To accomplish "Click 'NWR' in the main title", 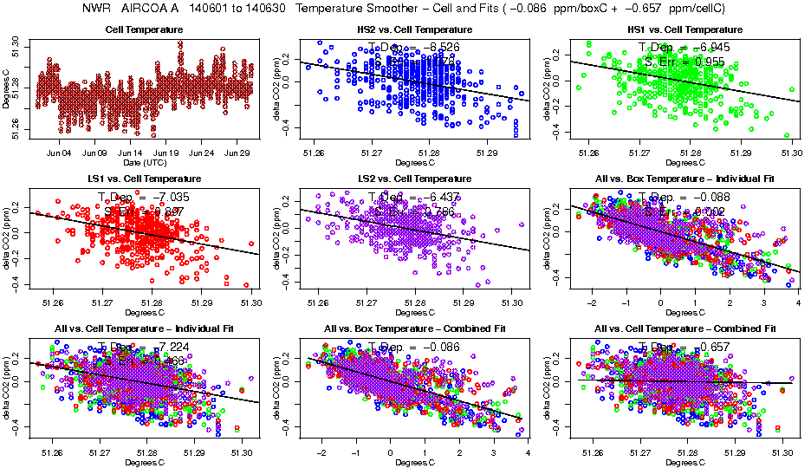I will pyautogui.click(x=97, y=9).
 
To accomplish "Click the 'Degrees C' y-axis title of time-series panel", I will pyautogui.click(x=7, y=89).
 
